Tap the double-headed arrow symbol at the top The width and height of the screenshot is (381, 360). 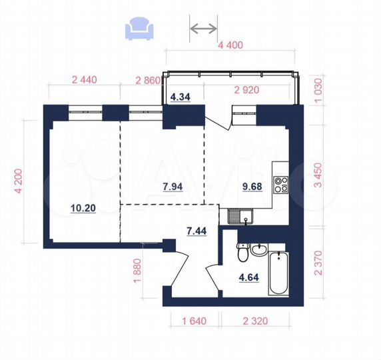204,28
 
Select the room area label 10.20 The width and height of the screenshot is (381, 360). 83,208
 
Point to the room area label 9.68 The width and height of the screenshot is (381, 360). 252,187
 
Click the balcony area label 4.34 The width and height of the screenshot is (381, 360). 181,97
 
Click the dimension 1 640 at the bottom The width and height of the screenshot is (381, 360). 192,321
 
